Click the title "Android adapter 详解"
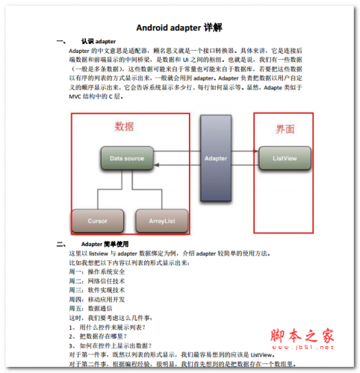tap(179, 28)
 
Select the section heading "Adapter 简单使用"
tap(105, 244)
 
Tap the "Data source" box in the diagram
tap(127, 159)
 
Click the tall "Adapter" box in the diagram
tap(216, 159)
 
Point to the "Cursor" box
tap(98, 222)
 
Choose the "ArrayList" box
tap(161, 222)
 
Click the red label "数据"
tap(124, 127)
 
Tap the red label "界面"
tap(285, 129)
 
